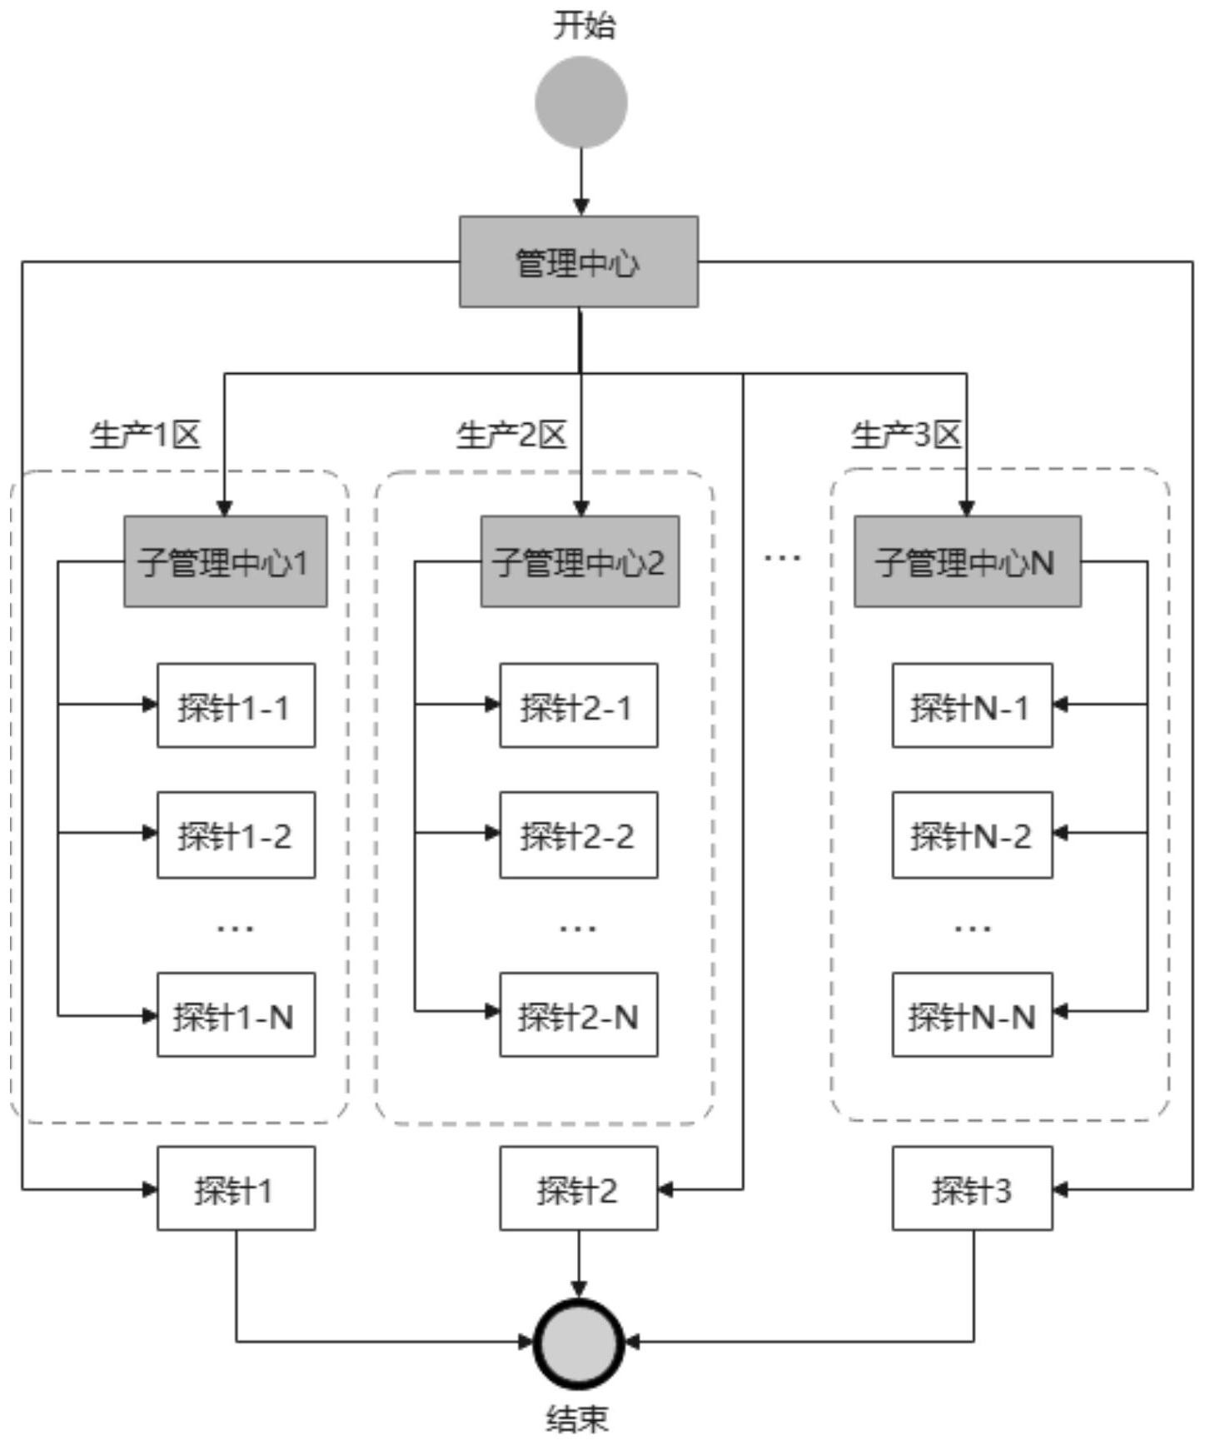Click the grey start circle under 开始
coord(580,102)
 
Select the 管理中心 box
coord(579,262)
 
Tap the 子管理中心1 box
coord(225,561)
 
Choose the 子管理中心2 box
coord(580,561)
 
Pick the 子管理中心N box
coord(968,561)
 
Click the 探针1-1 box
coord(237,706)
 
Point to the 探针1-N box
coord(237,1015)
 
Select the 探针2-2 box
coord(579,835)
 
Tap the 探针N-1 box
coord(972,706)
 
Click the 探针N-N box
coord(972,1015)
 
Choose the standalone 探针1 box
coord(237,1188)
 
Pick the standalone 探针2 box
coord(579,1188)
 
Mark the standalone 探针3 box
coord(972,1188)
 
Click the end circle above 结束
coord(579,1343)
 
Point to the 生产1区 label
coord(145,435)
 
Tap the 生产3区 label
coord(906,435)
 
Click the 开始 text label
coord(585,25)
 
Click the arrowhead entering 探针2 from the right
coord(665,1189)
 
